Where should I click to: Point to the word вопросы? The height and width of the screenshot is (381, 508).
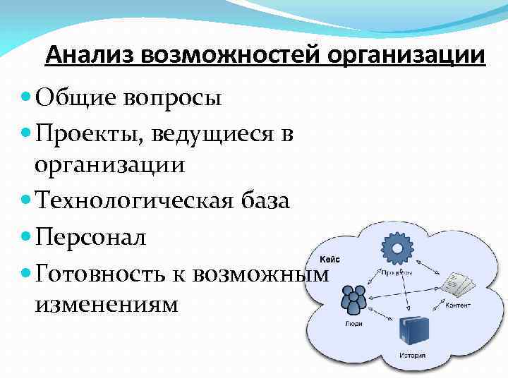coord(174,97)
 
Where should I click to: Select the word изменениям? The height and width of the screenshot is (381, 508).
coord(106,306)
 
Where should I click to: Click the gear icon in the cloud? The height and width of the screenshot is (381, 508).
coord(396,248)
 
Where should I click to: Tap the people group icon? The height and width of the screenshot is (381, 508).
coord(353,299)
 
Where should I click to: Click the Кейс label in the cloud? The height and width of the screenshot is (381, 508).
coord(329,259)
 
